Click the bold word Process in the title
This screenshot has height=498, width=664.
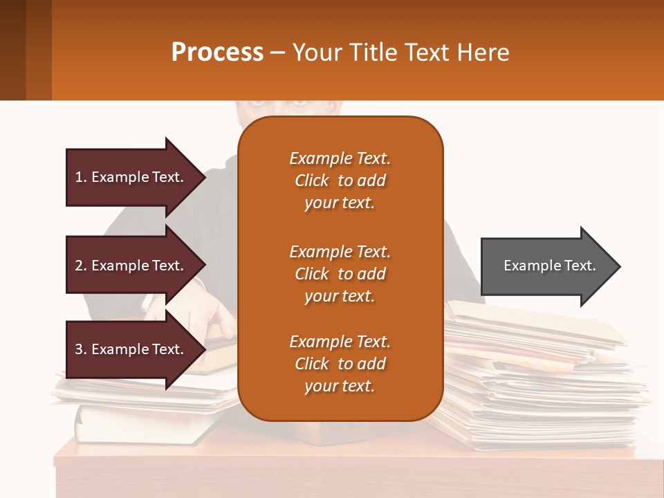pos(217,53)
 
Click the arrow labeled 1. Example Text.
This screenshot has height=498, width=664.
pos(131,177)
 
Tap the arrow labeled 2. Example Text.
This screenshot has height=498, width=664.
pos(131,266)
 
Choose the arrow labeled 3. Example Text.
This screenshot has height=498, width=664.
pos(131,349)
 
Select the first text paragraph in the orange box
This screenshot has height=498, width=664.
pos(340,181)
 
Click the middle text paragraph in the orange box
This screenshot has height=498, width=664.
pos(340,274)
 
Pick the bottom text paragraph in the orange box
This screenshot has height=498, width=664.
pos(340,364)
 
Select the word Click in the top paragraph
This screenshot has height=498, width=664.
pos(311,181)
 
